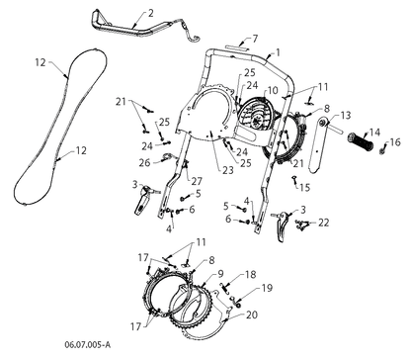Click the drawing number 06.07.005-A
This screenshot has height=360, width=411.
click(88, 345)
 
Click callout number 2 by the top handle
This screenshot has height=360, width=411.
click(151, 14)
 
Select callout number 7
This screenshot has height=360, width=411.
click(255, 39)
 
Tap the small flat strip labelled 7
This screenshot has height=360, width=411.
click(234, 47)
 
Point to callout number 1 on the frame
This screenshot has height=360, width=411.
click(278, 52)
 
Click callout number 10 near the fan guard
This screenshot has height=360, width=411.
click(273, 90)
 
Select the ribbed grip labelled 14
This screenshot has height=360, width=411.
click(361, 142)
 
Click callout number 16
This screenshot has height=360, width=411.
click(395, 142)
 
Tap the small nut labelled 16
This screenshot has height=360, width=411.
click(382, 151)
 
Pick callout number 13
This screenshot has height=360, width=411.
click(346, 116)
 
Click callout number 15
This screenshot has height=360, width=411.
click(305, 187)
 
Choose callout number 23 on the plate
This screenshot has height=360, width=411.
click(228, 170)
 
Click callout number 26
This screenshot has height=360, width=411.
click(144, 163)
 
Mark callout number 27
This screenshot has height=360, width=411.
click(197, 181)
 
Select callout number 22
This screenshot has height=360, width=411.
click(323, 223)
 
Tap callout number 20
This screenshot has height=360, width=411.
click(252, 315)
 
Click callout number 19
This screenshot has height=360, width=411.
click(267, 288)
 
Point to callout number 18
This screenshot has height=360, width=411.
click(251, 274)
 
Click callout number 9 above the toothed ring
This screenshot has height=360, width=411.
click(220, 274)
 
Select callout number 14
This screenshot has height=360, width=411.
click(375, 133)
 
